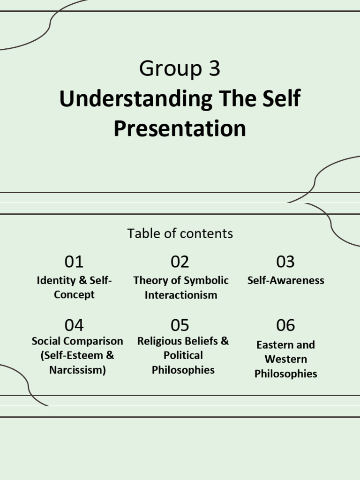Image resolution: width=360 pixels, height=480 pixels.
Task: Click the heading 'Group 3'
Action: coord(180,69)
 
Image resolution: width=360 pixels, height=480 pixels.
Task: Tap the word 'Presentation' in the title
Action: coord(180,128)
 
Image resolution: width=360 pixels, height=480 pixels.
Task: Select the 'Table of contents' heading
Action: coord(180,233)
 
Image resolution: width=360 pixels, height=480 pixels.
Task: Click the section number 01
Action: coord(74,262)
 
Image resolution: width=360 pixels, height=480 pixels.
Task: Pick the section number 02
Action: coord(180,262)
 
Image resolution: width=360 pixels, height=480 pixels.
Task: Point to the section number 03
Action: coord(285,262)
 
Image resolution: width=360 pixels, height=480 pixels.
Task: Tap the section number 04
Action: coord(74,325)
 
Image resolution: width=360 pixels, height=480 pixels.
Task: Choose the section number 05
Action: coord(180,325)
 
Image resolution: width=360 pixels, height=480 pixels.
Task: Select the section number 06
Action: coord(285,325)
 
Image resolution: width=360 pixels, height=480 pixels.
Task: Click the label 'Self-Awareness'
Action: coord(285,280)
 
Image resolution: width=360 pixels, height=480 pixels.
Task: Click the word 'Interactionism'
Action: coord(181,295)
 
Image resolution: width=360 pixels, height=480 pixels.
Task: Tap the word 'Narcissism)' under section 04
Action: coord(77,370)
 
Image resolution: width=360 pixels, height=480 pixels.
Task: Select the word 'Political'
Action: coord(183,355)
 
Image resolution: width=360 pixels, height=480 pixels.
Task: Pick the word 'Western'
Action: coord(285,359)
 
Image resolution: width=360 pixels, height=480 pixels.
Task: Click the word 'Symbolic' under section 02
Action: coord(206,280)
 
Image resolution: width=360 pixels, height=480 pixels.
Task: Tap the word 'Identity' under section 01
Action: coord(56,280)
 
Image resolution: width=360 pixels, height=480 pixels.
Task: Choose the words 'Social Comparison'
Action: coord(77,341)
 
